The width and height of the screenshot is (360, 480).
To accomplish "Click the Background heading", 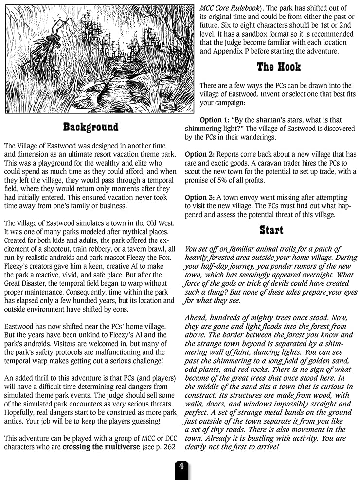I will [x=90, y=127].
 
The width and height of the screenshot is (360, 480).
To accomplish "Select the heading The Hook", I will [x=279, y=67].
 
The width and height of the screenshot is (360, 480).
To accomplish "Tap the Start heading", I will [x=271, y=230].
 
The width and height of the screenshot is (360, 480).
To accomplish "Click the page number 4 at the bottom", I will [x=180, y=466].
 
